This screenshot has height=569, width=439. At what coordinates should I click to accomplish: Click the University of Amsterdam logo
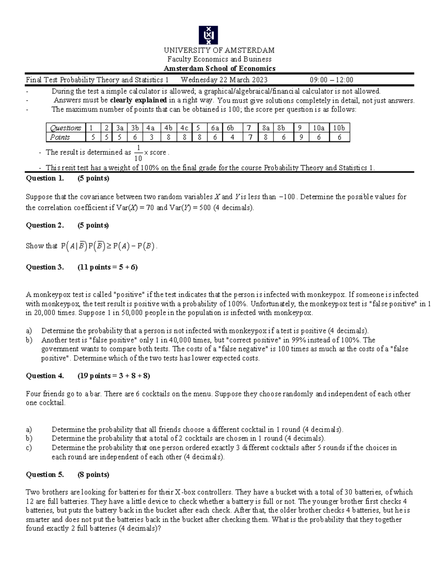coord(208,35)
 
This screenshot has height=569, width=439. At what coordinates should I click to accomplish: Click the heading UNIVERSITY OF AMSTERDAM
coord(219,50)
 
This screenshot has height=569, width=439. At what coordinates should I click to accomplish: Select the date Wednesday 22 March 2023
coord(224,80)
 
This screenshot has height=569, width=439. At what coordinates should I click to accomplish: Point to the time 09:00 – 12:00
coord(331,80)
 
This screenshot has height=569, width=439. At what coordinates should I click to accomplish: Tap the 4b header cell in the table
coord(168,128)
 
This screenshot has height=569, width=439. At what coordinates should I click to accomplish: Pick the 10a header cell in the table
coord(319,128)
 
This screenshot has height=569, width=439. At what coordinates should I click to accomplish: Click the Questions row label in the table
coord(65,128)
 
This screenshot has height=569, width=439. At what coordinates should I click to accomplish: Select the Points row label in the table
coord(60,137)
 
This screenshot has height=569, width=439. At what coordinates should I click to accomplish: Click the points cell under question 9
coord(300,137)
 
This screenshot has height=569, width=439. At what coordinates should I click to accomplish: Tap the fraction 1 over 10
coord(138,153)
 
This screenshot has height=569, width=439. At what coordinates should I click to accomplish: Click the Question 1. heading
coord(45,178)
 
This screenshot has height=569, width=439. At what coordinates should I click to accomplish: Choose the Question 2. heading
coord(45,225)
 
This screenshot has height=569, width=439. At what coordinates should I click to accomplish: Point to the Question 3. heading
coord(45,267)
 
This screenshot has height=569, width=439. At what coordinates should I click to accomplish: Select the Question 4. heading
coord(45,376)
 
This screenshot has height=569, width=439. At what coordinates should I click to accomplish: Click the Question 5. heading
coord(45,474)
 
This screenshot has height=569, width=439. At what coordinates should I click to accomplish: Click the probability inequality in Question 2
coord(109,246)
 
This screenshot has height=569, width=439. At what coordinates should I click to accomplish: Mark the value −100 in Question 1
coord(287,197)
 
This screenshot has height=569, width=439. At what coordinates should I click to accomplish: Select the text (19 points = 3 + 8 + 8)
coord(114,376)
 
